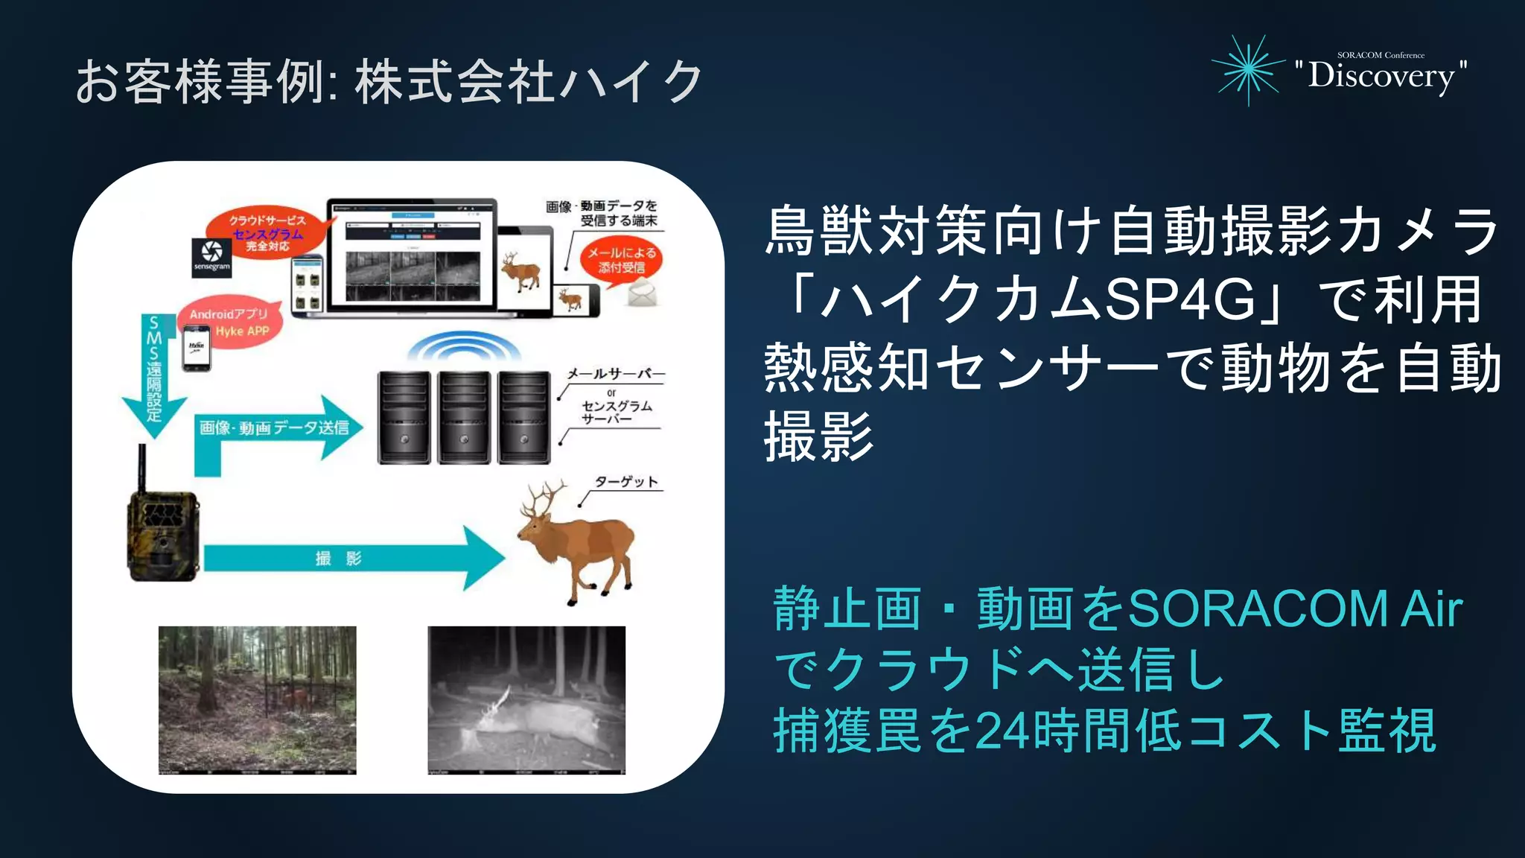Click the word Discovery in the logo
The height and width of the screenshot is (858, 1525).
click(1381, 75)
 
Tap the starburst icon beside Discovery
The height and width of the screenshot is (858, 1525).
click(1248, 70)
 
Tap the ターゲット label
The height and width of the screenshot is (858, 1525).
click(626, 482)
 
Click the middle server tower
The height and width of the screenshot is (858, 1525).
click(464, 417)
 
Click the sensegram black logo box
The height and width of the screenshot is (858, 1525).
click(211, 258)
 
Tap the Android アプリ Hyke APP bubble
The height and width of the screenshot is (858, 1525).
click(230, 322)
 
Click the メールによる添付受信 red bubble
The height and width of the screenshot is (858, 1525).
click(621, 259)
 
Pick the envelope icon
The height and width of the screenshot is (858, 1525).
click(642, 295)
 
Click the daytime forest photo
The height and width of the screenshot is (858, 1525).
click(257, 699)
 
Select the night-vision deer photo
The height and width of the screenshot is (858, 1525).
click(526, 699)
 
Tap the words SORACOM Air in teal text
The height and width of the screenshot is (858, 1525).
click(1295, 609)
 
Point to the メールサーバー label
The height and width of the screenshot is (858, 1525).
click(616, 374)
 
